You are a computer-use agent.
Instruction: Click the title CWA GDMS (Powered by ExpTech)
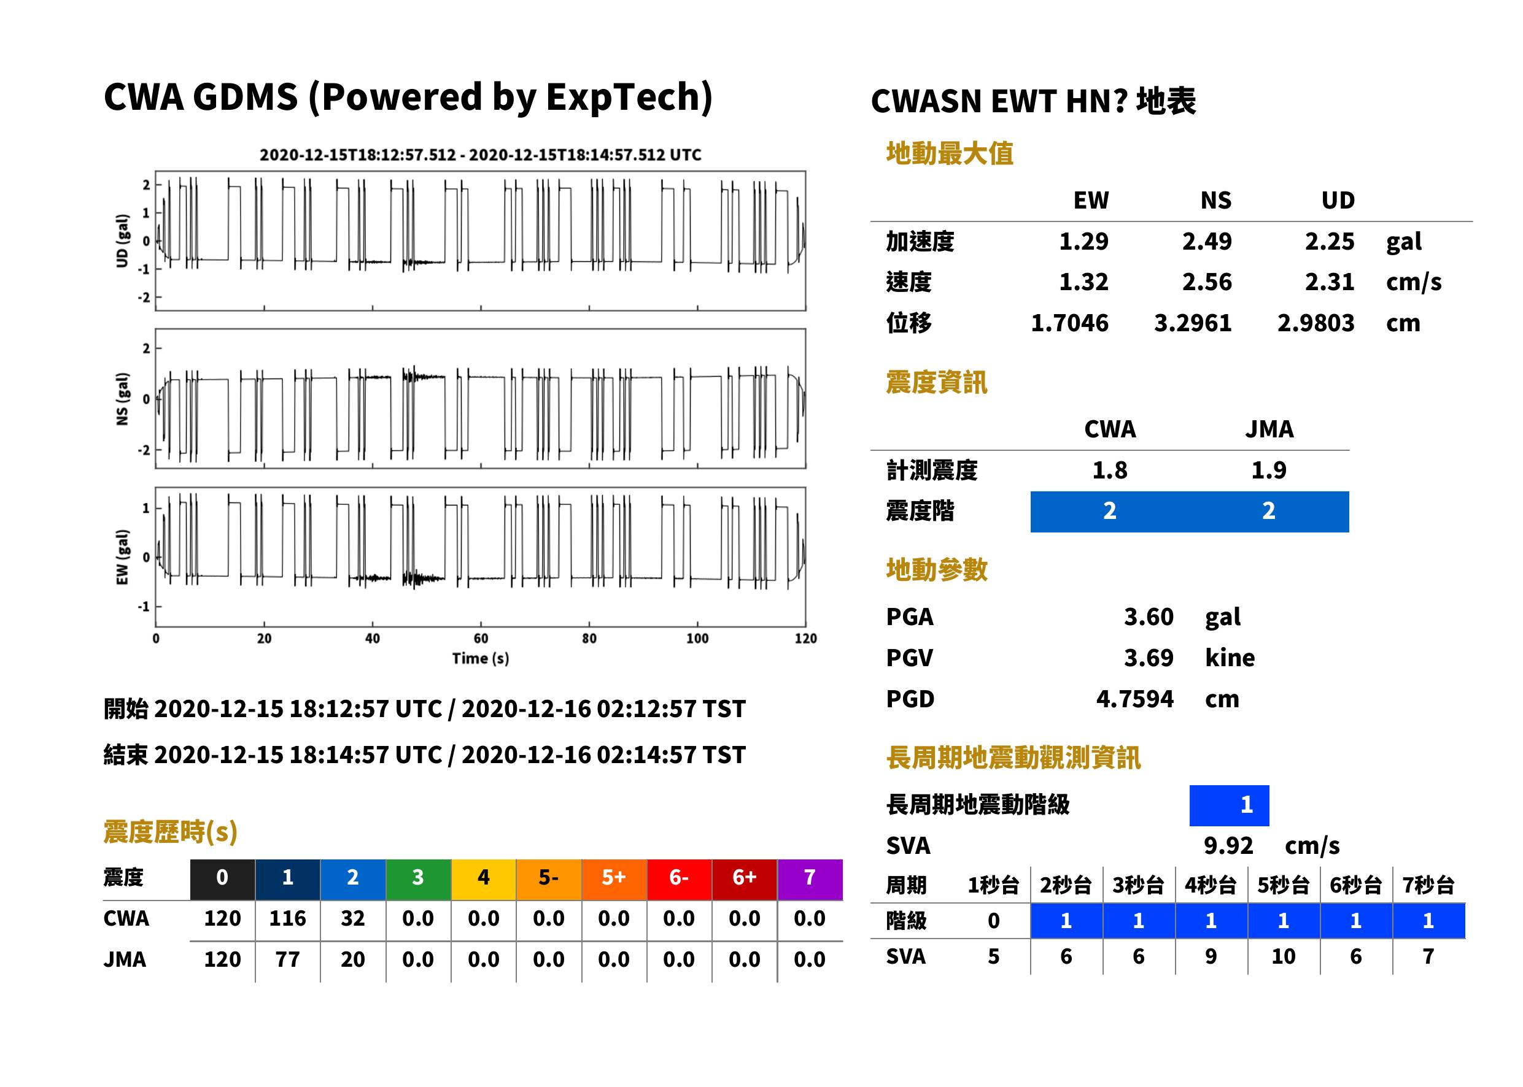click(x=408, y=98)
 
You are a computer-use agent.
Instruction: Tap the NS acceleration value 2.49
click(x=1206, y=242)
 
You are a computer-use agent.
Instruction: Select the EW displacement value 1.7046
click(x=1069, y=323)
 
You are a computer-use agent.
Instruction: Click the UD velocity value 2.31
click(x=1330, y=282)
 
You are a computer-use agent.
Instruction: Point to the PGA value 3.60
click(x=1149, y=617)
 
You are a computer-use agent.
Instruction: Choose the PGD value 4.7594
click(x=1135, y=699)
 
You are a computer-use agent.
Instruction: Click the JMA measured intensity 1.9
click(x=1268, y=471)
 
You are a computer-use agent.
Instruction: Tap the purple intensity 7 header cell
click(x=810, y=879)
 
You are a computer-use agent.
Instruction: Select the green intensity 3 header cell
click(x=418, y=879)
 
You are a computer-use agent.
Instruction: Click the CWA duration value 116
click(x=287, y=918)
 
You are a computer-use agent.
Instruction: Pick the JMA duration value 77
click(x=287, y=960)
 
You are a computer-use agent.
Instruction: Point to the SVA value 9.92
click(x=1228, y=846)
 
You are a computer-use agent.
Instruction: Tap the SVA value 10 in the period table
click(x=1283, y=956)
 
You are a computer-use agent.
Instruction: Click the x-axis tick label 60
click(x=481, y=639)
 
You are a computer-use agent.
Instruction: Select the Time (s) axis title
click(x=480, y=659)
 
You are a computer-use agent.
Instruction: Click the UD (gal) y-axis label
click(x=122, y=241)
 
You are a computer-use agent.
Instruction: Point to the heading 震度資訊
click(x=936, y=383)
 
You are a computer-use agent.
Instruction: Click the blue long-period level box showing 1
click(x=1229, y=805)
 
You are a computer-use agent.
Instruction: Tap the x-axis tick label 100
click(x=697, y=639)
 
